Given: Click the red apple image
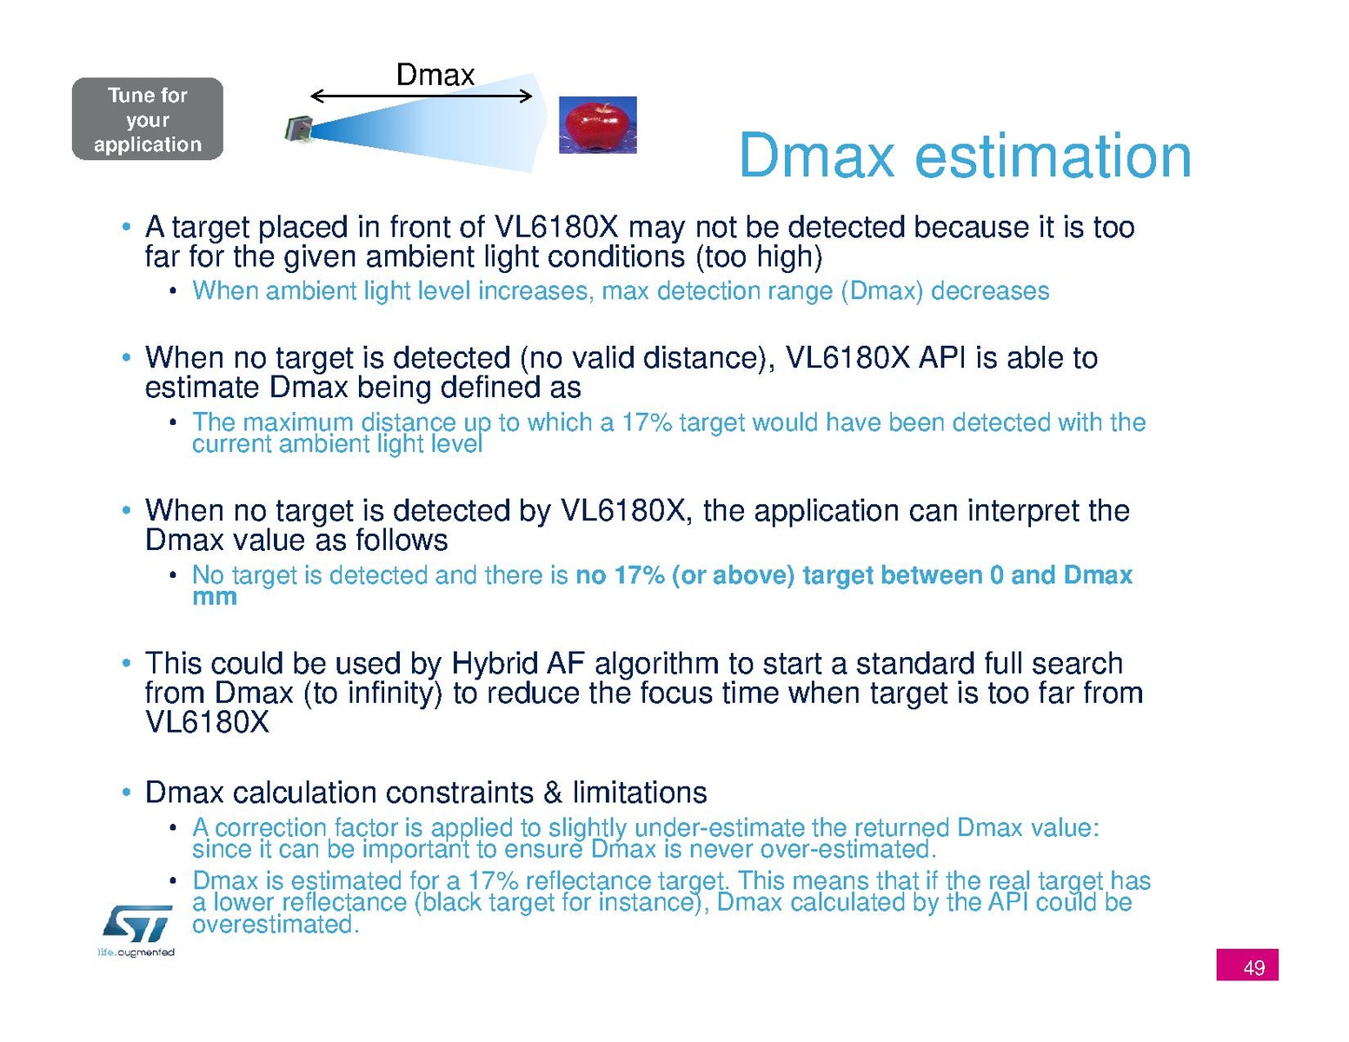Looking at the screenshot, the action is click(x=597, y=124).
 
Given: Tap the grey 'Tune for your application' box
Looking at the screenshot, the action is click(x=147, y=118).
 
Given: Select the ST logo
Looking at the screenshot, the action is click(x=137, y=924).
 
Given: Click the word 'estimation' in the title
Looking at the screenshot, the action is click(x=1053, y=156).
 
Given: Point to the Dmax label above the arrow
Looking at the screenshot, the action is click(x=435, y=75).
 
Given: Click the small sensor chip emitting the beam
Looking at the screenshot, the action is click(x=299, y=129).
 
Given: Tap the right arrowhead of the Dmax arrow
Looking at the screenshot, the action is click(x=527, y=96).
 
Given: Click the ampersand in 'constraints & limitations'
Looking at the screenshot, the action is click(x=553, y=793).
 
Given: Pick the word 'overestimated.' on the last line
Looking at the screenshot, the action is click(x=276, y=924).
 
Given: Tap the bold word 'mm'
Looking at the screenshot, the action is click(x=215, y=596).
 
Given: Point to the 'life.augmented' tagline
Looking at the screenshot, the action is click(x=136, y=952).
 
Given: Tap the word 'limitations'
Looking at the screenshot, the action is click(x=640, y=793).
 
